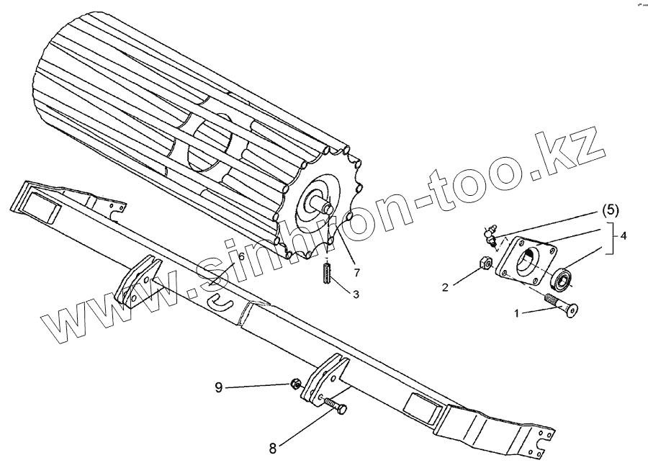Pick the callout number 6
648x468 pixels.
(x=241, y=256)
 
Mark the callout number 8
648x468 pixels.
(x=272, y=448)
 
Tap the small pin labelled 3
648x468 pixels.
(x=327, y=274)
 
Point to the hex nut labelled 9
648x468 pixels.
(x=295, y=384)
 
